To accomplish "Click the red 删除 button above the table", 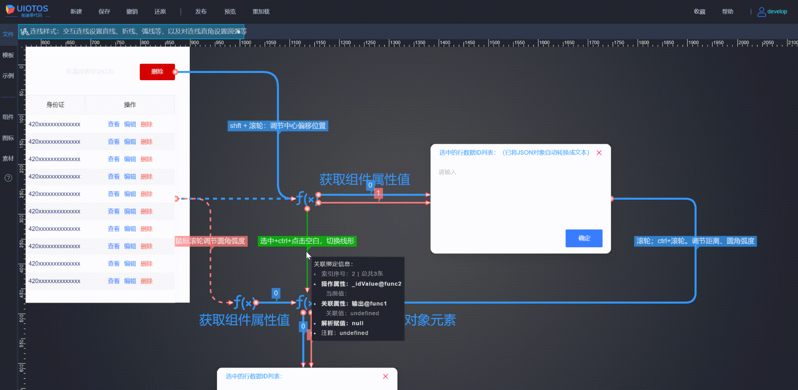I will click(157, 72).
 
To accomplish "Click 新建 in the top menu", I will click(76, 12).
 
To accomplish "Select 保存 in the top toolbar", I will click(104, 12).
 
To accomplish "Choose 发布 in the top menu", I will click(201, 12).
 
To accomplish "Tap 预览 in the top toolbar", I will click(230, 12).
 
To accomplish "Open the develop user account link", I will click(772, 12).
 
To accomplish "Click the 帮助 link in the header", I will click(727, 12).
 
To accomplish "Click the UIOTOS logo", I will click(27, 10).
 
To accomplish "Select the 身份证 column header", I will click(55, 105).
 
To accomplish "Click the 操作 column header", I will click(130, 105).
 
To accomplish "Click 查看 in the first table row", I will click(114, 124).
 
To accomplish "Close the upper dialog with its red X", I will click(599, 153).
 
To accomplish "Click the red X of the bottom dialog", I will click(385, 376).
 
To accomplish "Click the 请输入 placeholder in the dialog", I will click(447, 172).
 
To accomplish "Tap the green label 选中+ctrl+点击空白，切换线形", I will click(307, 241).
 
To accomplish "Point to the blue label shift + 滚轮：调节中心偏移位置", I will click(278, 126).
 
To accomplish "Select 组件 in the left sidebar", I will click(8, 117).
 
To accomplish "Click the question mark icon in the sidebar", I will click(8, 178).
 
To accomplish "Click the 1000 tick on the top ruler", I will click(246, 43).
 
